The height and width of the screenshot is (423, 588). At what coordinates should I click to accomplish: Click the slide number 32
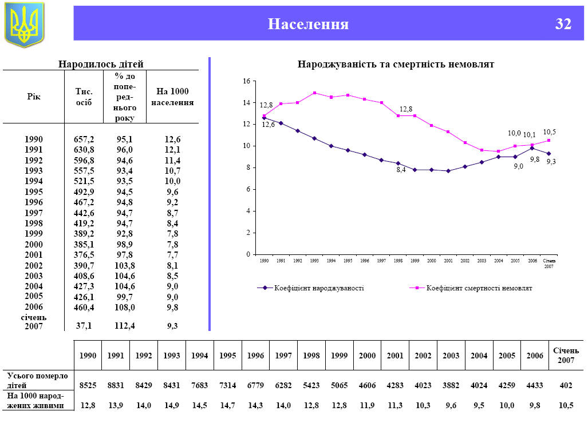click(563, 24)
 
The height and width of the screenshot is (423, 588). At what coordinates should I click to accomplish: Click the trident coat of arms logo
click(24, 25)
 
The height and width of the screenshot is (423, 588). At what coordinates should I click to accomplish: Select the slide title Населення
click(308, 24)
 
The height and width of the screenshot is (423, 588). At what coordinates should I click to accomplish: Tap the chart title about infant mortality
click(396, 65)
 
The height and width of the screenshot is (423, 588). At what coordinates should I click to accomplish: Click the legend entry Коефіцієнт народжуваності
click(319, 288)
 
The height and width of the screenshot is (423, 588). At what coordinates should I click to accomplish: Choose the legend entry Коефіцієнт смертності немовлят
click(479, 288)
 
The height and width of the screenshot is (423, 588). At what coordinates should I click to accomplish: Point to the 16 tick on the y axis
click(246, 81)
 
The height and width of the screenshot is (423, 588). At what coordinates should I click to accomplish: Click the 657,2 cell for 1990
click(84, 139)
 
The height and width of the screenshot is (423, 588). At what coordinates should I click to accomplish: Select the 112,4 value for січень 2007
click(125, 325)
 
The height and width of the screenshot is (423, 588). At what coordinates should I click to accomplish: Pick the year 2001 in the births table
click(34, 255)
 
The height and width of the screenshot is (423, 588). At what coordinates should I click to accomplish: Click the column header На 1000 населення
click(172, 97)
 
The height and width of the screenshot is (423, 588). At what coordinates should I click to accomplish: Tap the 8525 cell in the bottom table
click(88, 385)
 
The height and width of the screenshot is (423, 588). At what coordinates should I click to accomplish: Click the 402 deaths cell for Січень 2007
click(566, 385)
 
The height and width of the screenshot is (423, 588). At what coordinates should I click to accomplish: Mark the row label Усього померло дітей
click(37, 380)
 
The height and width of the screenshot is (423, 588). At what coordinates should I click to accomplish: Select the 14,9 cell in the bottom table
click(172, 405)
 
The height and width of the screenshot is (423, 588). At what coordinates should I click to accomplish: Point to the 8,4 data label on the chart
click(401, 170)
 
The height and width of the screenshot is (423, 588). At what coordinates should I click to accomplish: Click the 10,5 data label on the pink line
click(550, 132)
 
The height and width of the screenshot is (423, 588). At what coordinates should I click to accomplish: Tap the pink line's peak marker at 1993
click(314, 93)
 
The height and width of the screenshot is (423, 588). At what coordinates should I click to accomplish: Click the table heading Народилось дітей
click(101, 64)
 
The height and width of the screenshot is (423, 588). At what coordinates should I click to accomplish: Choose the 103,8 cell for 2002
click(125, 265)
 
